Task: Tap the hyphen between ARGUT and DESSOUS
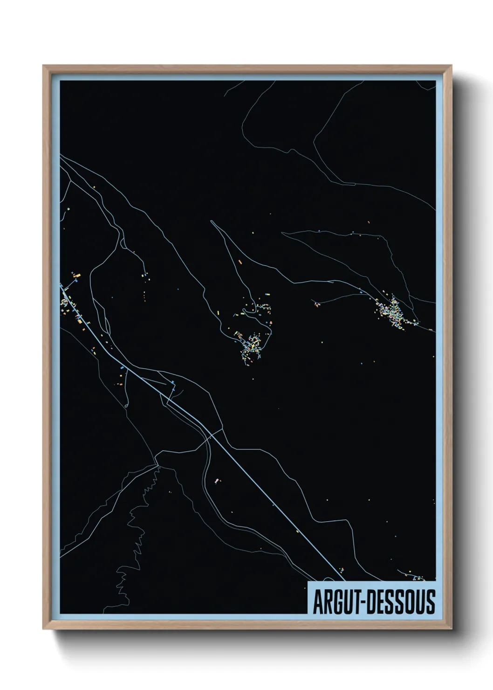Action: (359, 602)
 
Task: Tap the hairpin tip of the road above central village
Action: (212, 222)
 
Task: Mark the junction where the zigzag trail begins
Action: (157, 465)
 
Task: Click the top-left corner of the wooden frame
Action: (43, 66)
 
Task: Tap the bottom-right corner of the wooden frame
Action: (452, 629)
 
